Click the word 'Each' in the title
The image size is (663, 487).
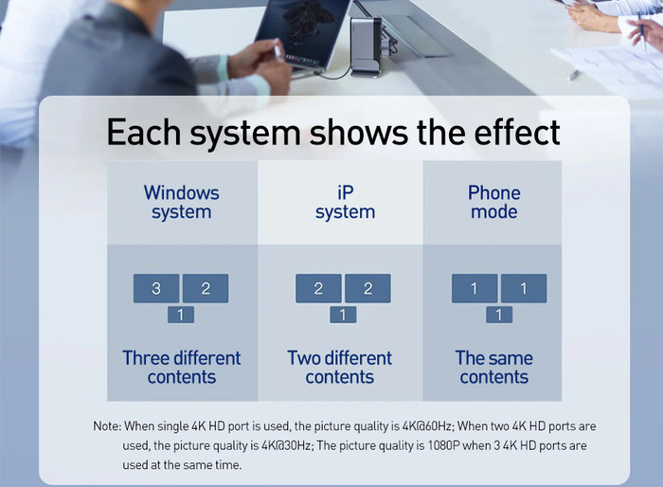pyautogui.click(x=144, y=133)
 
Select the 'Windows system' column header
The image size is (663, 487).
pyautogui.click(x=182, y=202)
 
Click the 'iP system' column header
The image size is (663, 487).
pyautogui.click(x=345, y=202)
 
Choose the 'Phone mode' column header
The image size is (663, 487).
pyautogui.click(x=493, y=202)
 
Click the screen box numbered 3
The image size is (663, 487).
pyautogui.click(x=156, y=288)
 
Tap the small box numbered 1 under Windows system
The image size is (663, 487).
pyautogui.click(x=181, y=315)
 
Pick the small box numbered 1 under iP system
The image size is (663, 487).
pyautogui.click(x=343, y=315)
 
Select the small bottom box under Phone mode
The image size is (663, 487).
pyautogui.click(x=499, y=315)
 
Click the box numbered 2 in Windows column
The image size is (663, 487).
pyautogui.click(x=206, y=288)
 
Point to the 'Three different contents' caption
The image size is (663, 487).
pyautogui.click(x=182, y=368)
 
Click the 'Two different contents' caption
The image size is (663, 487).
pyautogui.click(x=339, y=368)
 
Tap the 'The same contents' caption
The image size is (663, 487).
pyautogui.click(x=493, y=368)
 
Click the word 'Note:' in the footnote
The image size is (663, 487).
pyautogui.click(x=107, y=425)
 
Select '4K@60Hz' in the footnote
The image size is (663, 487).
pyautogui.click(x=426, y=426)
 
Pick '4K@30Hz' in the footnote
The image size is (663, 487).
pyautogui.click(x=287, y=445)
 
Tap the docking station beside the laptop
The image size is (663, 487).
pyautogui.click(x=367, y=45)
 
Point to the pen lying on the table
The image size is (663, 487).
pyautogui.click(x=574, y=75)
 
